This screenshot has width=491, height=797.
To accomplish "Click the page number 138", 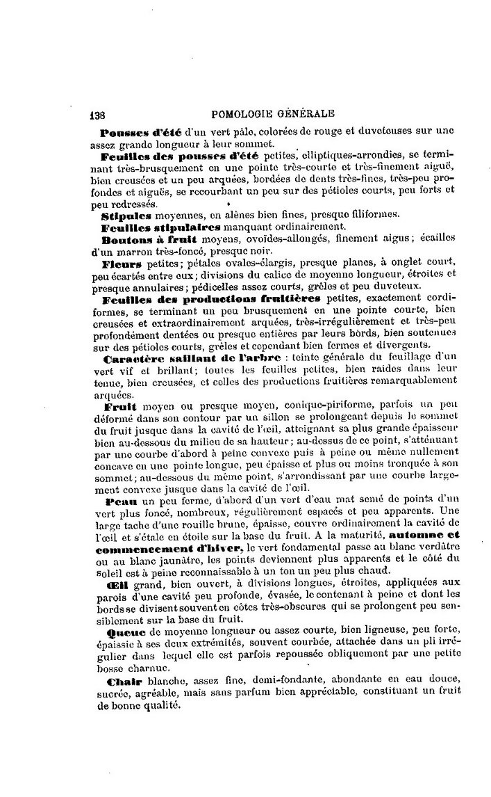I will (98, 114).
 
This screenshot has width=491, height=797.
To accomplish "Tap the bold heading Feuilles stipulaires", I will (161, 227).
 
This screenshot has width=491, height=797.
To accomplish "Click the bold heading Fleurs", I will (122, 264).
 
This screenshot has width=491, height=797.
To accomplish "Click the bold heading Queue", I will (123, 632).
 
